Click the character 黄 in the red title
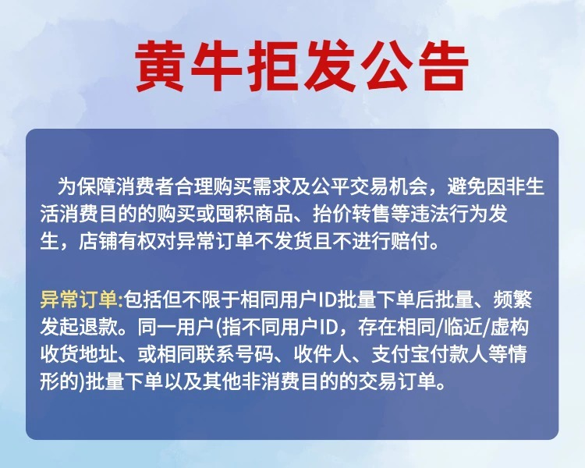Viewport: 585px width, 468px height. tap(161, 67)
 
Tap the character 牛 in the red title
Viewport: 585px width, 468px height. tap(216, 67)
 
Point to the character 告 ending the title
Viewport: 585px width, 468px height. tap(443, 67)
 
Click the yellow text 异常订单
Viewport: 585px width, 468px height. tap(79, 300)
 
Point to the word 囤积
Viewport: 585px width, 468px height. tap(232, 214)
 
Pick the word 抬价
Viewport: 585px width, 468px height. tap(329, 214)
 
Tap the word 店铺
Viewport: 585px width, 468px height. tap(96, 242)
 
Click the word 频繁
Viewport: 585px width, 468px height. tap(513, 300)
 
